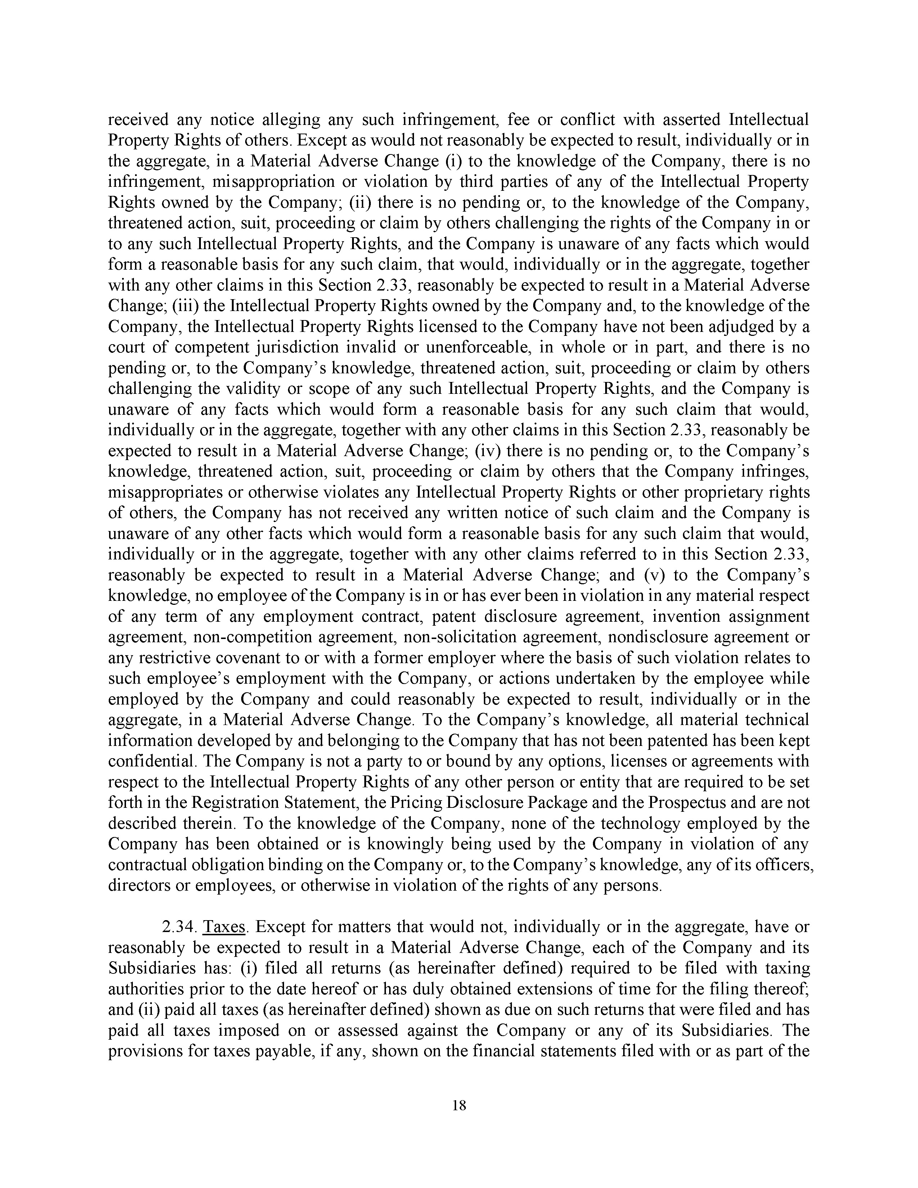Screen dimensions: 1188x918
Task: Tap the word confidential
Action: pos(144,761)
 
